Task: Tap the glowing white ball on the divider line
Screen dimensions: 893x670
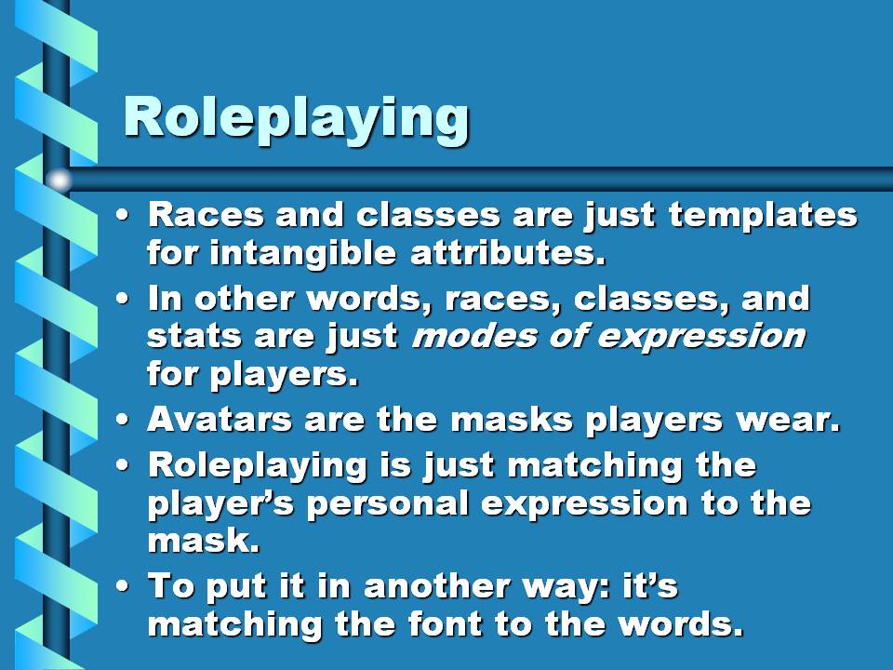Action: [60, 181]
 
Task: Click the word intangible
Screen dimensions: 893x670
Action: [302, 253]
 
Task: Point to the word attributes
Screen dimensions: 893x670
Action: [508, 252]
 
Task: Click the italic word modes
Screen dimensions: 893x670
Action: [473, 336]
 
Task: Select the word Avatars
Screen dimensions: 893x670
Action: [220, 420]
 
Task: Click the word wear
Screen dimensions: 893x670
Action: [789, 420]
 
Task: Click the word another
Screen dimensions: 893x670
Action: [437, 586]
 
